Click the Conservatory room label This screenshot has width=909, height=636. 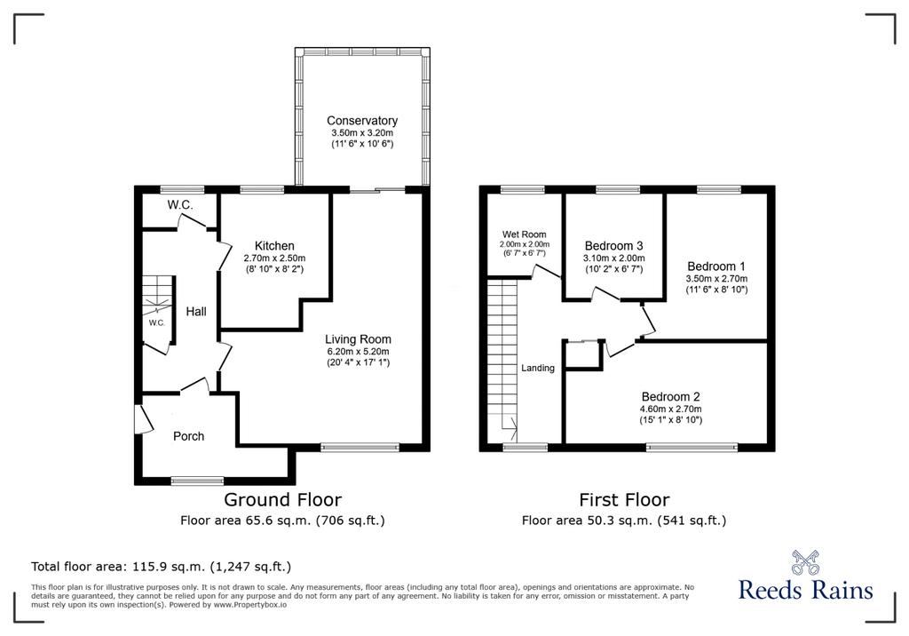(x=362, y=121)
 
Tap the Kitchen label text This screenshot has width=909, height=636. (x=274, y=246)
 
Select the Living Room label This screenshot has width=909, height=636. (x=358, y=339)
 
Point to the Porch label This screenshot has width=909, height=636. (x=188, y=436)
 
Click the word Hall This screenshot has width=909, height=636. (x=196, y=312)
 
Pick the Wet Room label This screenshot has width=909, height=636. (x=524, y=235)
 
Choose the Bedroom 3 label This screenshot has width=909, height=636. (x=613, y=246)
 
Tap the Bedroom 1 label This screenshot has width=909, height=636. (x=716, y=266)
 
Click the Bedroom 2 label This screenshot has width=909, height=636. (x=671, y=397)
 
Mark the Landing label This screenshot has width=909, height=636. (x=537, y=368)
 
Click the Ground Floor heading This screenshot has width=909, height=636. (x=282, y=499)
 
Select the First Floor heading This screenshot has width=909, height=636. (x=624, y=499)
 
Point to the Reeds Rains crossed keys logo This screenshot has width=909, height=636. (x=805, y=562)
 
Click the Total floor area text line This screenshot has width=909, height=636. (x=162, y=567)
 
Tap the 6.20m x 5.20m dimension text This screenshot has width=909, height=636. (x=358, y=352)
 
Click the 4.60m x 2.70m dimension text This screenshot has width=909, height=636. (x=671, y=409)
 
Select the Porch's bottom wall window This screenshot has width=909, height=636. (x=197, y=481)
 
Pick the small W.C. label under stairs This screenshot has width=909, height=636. (x=156, y=323)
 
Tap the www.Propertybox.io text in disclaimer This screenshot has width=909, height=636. (x=250, y=605)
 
